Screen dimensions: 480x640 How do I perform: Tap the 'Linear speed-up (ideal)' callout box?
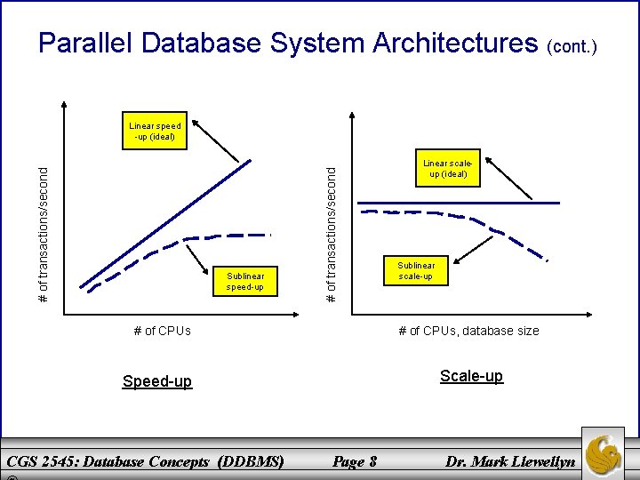155,132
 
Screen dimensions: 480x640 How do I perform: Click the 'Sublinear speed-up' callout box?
245,282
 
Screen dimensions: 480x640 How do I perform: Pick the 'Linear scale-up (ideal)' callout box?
447,169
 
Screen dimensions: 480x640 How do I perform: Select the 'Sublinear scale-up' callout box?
416,271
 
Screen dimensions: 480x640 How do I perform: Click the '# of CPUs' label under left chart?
162,331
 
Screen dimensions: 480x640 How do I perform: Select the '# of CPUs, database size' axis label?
468,331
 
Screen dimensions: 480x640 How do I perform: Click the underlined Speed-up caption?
156,381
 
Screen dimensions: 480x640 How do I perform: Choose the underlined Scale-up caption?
471,376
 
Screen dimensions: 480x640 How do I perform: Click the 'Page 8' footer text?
354,461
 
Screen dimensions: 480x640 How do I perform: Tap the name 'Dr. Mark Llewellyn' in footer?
510,461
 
